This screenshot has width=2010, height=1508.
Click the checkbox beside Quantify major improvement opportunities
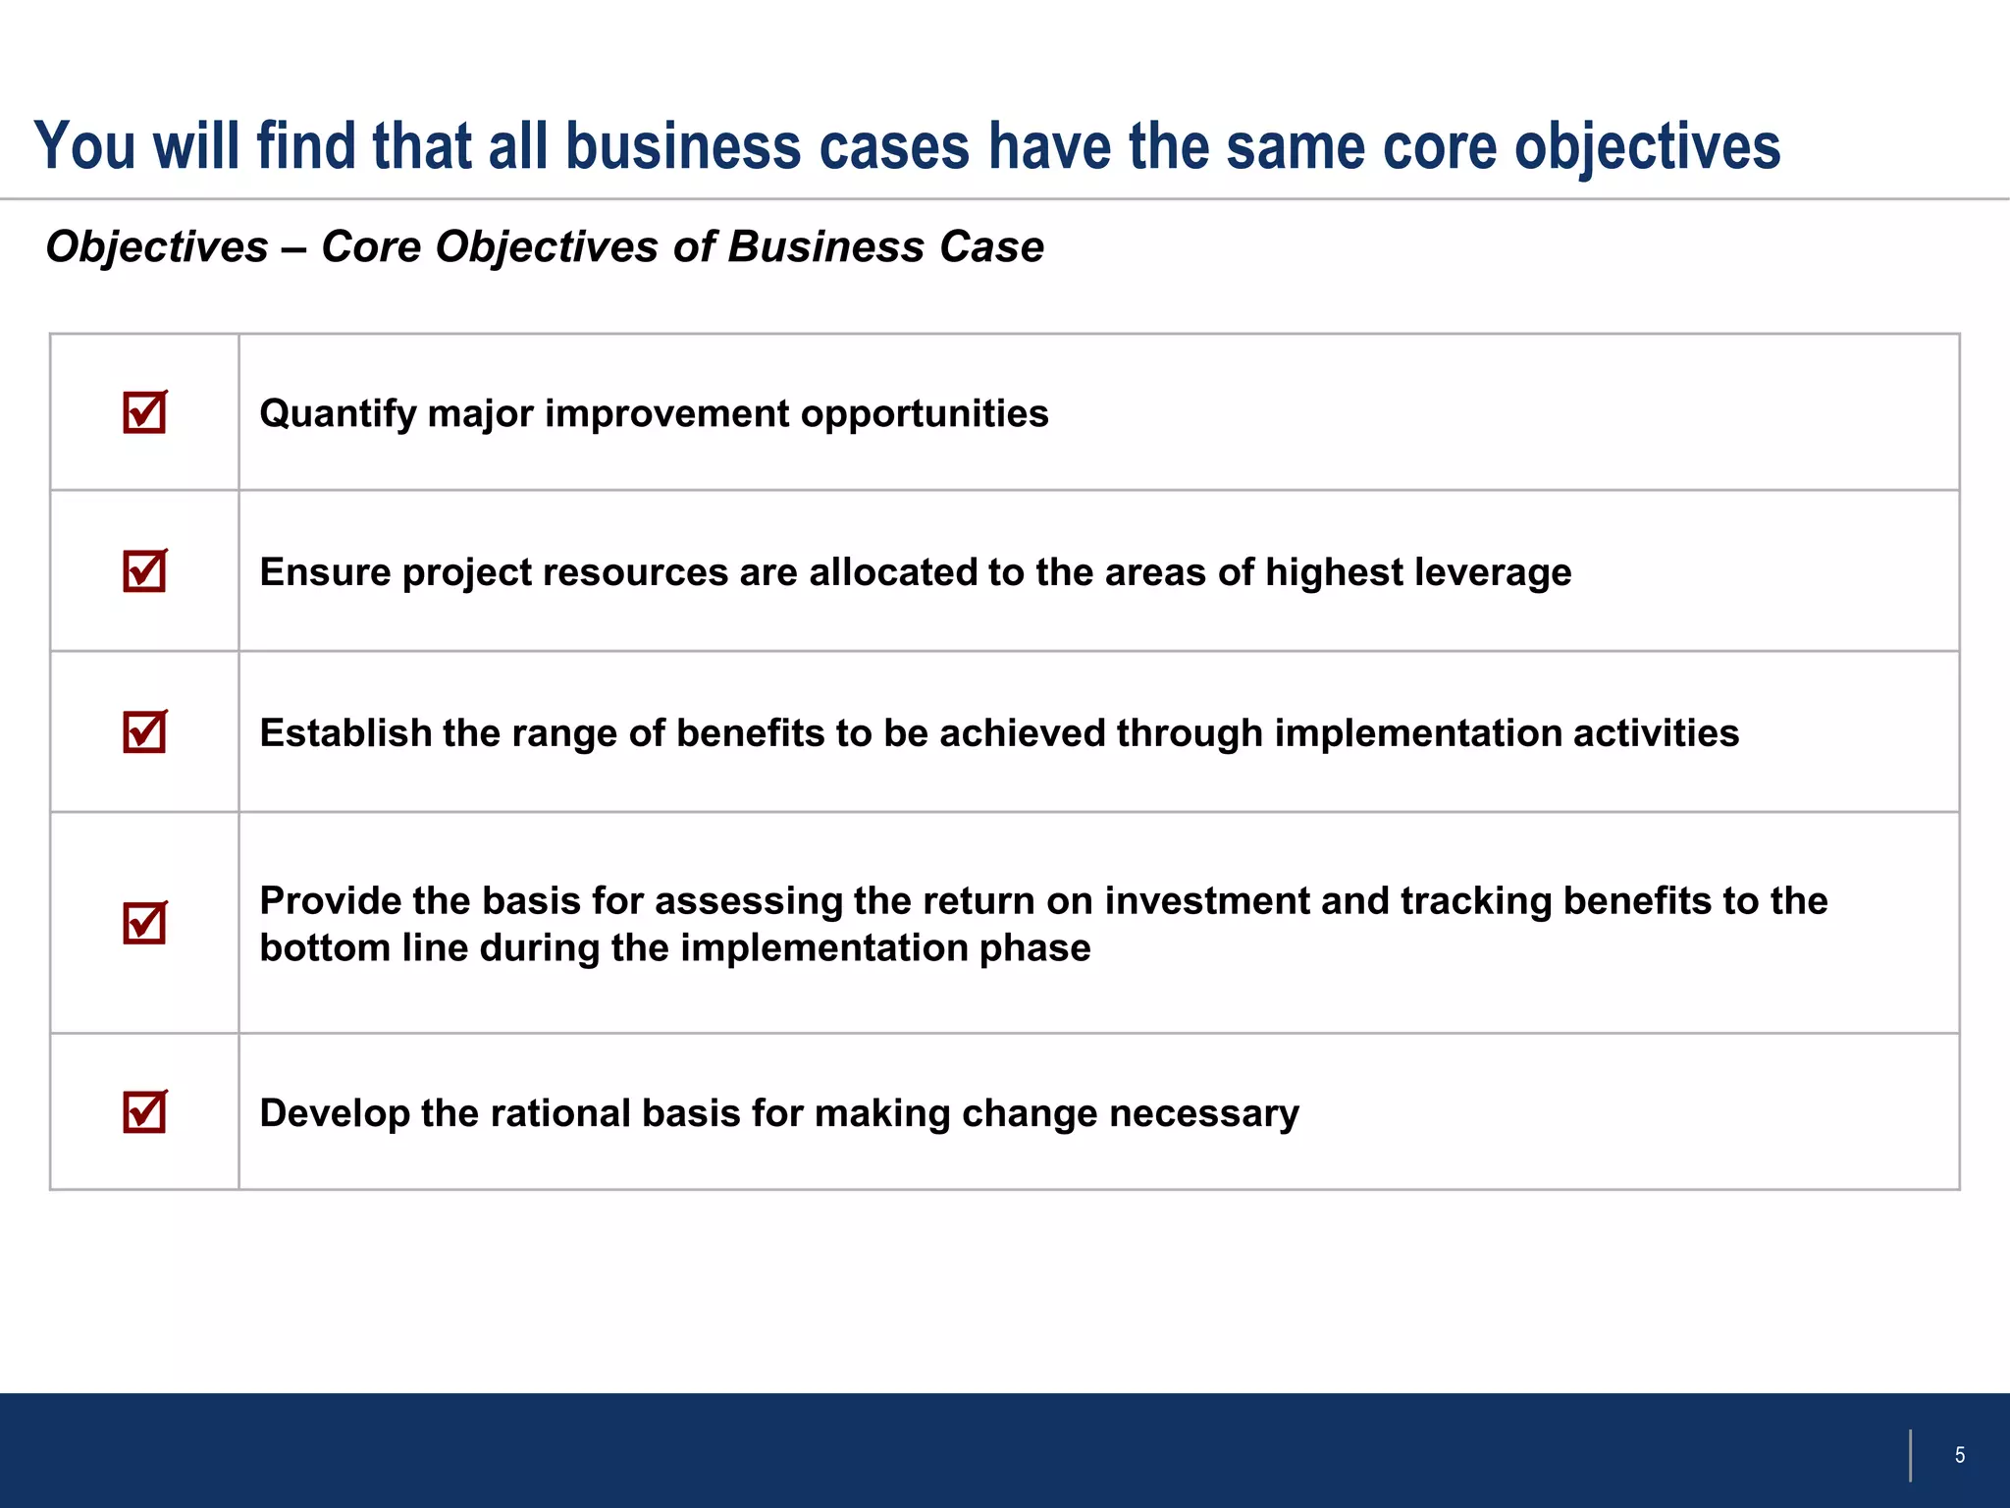coord(144,412)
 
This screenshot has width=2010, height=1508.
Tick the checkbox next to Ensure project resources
coord(144,571)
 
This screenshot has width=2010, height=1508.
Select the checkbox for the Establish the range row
coord(144,732)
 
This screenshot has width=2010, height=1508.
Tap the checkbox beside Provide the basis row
coord(144,923)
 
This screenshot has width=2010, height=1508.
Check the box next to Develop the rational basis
coord(144,1112)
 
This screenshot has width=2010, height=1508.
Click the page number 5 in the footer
coord(1959,1455)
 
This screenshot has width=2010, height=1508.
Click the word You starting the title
coord(84,147)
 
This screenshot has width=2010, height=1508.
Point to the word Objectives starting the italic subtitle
coord(157,247)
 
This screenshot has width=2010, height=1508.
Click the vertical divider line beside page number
coord(1910,1455)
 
